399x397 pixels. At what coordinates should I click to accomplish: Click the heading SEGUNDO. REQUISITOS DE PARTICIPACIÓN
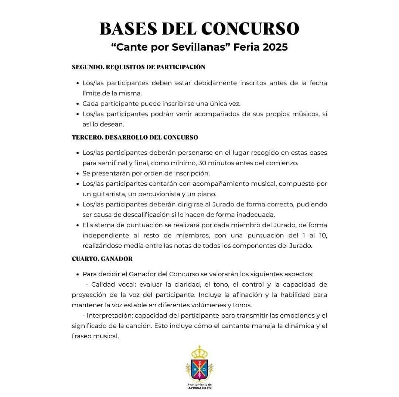click(x=138, y=67)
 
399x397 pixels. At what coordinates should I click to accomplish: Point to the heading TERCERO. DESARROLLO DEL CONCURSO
click(x=135, y=137)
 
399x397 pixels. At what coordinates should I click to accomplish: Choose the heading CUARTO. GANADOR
click(x=102, y=259)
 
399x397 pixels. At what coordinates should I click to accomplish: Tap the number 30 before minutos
click(x=203, y=163)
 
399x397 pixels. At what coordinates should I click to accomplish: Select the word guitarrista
click(x=106, y=194)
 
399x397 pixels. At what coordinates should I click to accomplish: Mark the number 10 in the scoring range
click(x=322, y=235)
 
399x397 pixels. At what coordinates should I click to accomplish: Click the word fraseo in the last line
click(x=81, y=336)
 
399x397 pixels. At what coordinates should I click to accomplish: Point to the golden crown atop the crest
click(x=200, y=351)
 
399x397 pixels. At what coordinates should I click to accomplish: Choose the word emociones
click(x=289, y=316)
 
